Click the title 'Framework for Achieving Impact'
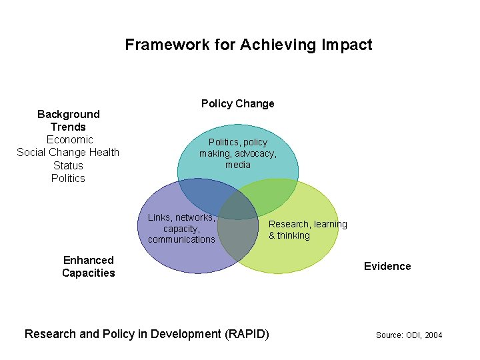pos(248,45)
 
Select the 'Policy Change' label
pos(237,103)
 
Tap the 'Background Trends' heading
pos(68,121)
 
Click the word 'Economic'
pos(69,139)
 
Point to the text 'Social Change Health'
pos(68,152)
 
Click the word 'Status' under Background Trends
pos(68,165)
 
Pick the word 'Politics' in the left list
pos(68,178)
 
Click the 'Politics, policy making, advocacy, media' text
pos(237,153)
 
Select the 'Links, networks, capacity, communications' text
pos(181,228)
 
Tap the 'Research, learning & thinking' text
pos(307,229)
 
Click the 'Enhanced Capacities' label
pos(88,267)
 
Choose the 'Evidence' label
pos(387,266)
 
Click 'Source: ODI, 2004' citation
pos(409,335)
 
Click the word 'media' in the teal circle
pos(238,165)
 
